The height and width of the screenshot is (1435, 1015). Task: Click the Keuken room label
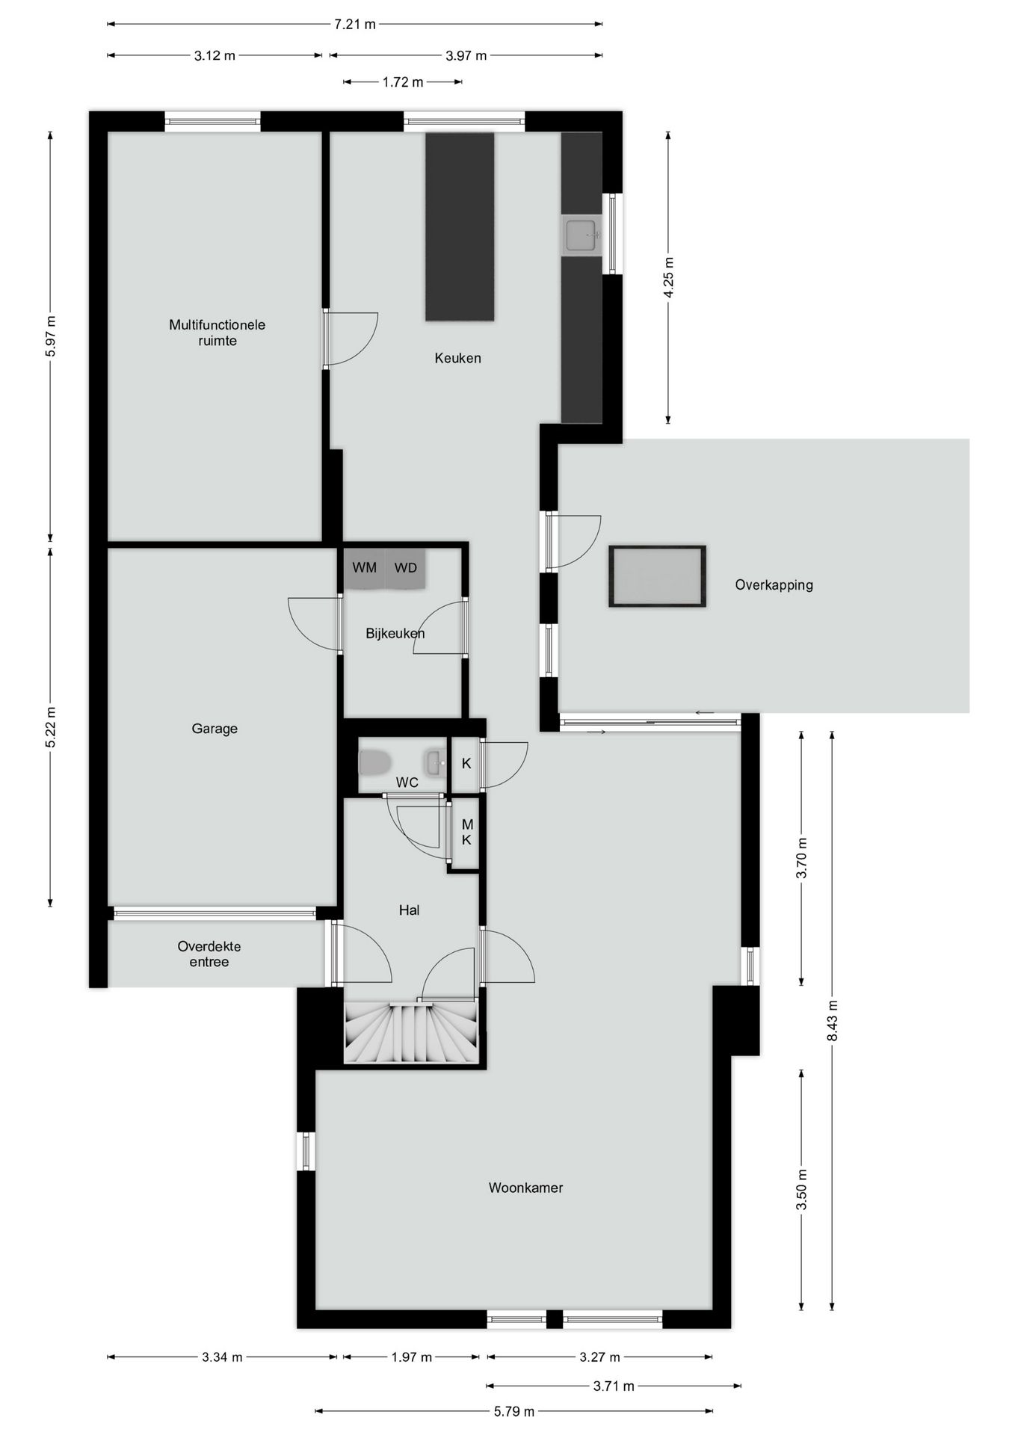[x=457, y=358]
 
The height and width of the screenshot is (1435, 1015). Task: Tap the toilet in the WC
[x=374, y=763]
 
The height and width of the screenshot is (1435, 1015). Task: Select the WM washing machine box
[x=365, y=568]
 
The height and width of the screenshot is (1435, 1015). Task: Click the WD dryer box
[x=406, y=568]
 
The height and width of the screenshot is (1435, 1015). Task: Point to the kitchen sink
[x=581, y=235]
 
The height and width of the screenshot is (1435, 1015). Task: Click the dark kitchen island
[x=460, y=226]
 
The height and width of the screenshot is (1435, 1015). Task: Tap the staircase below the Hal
[x=410, y=1033]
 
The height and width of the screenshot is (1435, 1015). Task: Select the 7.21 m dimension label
[x=355, y=24]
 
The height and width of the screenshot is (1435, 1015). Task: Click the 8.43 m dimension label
[x=832, y=1019]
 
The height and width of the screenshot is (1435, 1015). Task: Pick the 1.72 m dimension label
[x=403, y=82]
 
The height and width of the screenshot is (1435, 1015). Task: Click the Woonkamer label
[x=525, y=1187]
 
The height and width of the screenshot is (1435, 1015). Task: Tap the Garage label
[x=215, y=729]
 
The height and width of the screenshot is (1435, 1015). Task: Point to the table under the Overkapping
[x=657, y=576]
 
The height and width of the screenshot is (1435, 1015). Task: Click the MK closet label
[x=467, y=832]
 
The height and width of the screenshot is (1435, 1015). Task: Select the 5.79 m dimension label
[x=513, y=1411]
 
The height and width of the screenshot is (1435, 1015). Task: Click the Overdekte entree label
[x=209, y=954]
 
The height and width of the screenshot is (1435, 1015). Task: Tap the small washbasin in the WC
[x=434, y=763]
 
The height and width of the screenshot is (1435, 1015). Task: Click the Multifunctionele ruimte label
[x=217, y=333]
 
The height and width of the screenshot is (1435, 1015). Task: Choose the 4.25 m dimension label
[x=668, y=277]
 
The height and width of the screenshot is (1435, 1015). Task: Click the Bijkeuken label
[x=395, y=634]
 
